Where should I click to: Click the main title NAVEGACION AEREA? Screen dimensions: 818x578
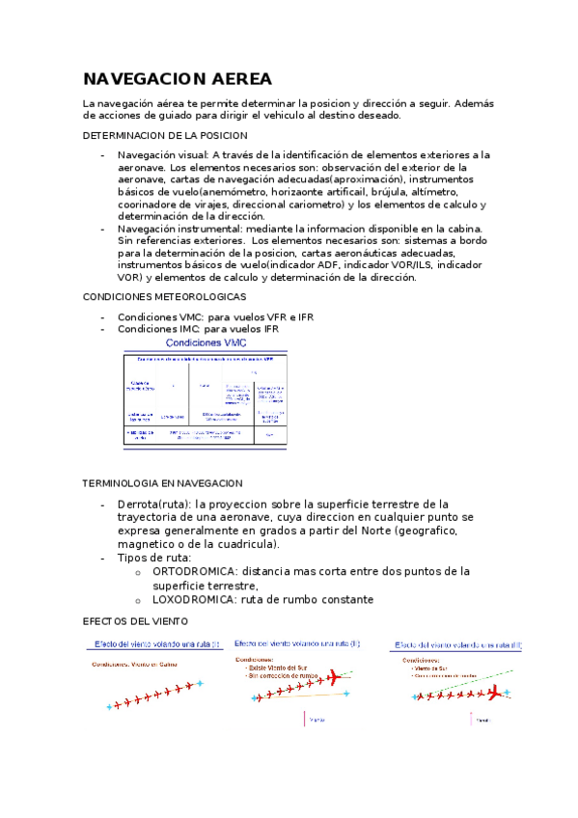178,78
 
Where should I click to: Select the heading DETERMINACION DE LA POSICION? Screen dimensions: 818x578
165,136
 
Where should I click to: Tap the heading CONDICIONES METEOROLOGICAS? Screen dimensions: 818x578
165,296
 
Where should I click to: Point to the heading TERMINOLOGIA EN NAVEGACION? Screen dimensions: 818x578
163,482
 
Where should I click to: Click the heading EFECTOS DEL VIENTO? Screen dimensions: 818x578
135,622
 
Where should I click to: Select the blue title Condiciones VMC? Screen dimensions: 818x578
206,342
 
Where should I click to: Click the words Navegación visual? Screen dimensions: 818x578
161,154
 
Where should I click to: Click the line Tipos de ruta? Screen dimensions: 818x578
154,558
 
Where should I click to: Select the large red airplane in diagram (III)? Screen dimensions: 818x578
496,693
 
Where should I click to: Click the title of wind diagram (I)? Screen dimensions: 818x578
156,643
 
